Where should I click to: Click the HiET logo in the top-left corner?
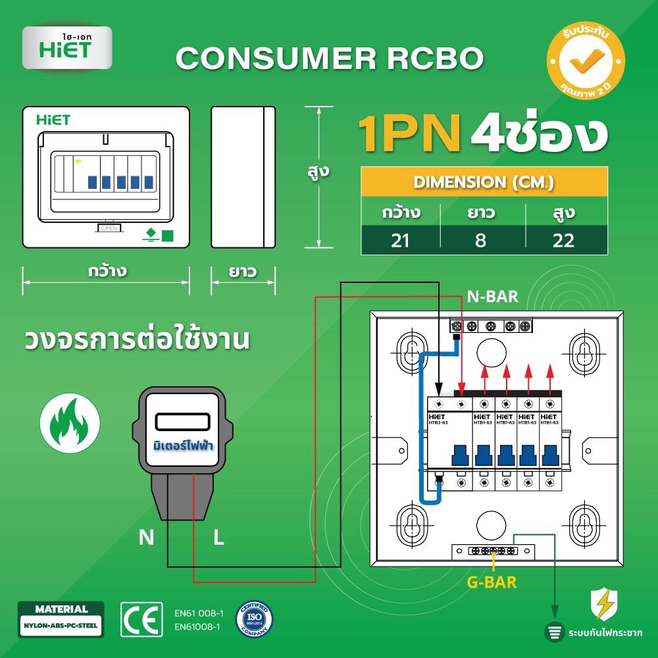(66, 47)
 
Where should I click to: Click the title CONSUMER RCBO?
(330, 59)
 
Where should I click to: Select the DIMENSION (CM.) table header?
(484, 182)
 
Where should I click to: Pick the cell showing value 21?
(400, 240)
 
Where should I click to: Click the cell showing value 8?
(481, 240)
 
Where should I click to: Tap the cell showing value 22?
(563, 240)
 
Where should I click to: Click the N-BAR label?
(492, 297)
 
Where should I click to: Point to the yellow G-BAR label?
(492, 582)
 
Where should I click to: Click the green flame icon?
(70, 422)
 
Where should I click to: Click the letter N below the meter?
(146, 538)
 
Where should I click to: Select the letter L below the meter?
(218, 538)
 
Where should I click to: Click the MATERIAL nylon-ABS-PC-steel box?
(61, 618)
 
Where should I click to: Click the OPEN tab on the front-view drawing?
(109, 227)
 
